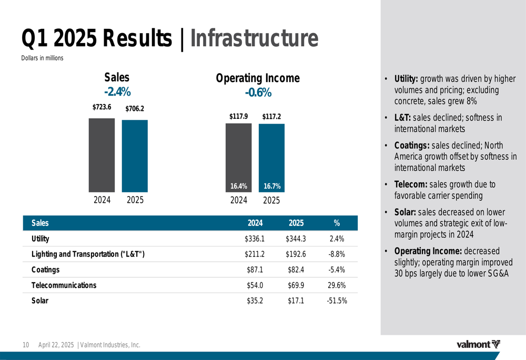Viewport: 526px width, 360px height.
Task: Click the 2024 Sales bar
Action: [102, 155]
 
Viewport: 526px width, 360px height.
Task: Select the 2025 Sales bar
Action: [135, 156]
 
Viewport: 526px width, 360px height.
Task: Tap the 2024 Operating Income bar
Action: [238, 158]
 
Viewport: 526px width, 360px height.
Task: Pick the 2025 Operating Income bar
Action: [271, 158]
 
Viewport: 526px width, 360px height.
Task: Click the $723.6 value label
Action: [102, 107]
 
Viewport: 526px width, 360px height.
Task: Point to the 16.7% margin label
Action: [272, 186]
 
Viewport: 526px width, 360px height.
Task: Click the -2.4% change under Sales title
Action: [117, 92]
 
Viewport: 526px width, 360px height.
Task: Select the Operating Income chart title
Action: [258, 78]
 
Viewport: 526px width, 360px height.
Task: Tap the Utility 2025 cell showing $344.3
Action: [296, 239]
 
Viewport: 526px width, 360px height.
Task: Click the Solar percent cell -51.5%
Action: [337, 301]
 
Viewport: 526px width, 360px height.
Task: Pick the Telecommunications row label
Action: [64, 285]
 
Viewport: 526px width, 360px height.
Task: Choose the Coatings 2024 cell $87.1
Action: [255, 270]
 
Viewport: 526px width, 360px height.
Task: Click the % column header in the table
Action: [337, 223]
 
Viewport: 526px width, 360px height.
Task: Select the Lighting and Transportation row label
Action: [88, 254]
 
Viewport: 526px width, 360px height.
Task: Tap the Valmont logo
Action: [478, 345]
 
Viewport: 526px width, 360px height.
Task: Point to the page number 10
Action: [25, 345]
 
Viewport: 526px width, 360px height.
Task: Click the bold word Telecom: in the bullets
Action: [411, 184]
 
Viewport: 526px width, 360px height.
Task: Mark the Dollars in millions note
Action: [42, 58]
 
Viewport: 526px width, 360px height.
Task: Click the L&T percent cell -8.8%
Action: [337, 254]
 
